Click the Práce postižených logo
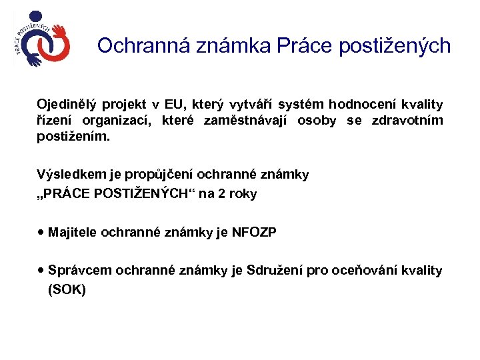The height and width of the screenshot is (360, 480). click(41, 40)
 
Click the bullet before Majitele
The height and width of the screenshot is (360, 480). click(41, 231)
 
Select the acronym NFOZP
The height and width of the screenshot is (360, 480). click(254, 232)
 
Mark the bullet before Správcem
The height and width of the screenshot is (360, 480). click(41, 269)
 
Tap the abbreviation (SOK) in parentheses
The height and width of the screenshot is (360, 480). click(67, 290)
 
